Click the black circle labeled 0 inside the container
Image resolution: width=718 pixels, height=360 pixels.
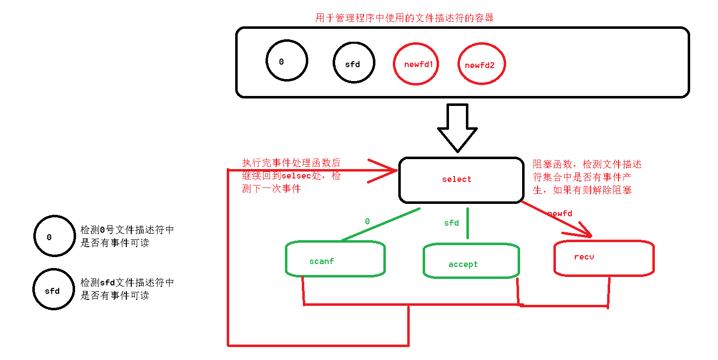pyautogui.click(x=286, y=61)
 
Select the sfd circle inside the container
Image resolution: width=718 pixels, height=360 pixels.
pyautogui.click(x=354, y=63)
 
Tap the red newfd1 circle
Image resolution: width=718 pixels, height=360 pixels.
pyautogui.click(x=416, y=64)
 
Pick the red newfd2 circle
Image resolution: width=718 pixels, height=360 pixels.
pyautogui.click(x=481, y=64)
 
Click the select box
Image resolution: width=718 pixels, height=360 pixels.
pyautogui.click(x=461, y=180)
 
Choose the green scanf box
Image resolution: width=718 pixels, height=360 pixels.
pyautogui.click(x=335, y=259)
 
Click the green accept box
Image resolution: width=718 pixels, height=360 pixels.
pyautogui.click(x=470, y=261)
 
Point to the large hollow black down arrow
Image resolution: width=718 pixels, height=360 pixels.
pyautogui.click(x=457, y=127)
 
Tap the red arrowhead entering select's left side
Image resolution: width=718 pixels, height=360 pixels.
pyautogui.click(x=388, y=171)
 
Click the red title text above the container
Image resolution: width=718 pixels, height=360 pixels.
pyautogui.click(x=404, y=18)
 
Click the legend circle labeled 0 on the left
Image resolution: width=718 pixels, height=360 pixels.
pyautogui.click(x=54, y=236)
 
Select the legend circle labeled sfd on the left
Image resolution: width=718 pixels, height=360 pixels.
pyautogui.click(x=53, y=290)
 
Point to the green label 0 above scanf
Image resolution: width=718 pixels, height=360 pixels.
pyautogui.click(x=367, y=222)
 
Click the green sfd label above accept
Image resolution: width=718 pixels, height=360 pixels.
pyautogui.click(x=451, y=223)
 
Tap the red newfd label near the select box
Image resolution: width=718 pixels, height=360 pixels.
pyautogui.click(x=559, y=214)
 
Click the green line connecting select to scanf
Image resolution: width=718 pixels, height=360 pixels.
pyautogui.click(x=380, y=225)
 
